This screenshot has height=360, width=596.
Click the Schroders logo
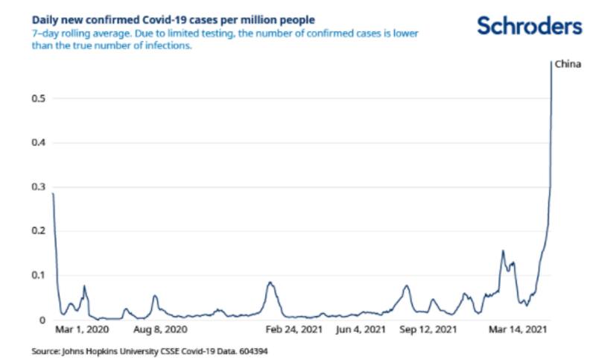tap(529, 27)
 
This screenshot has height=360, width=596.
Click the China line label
tap(568, 65)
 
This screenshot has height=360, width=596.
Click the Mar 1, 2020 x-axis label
tap(82, 329)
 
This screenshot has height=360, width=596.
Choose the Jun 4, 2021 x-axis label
tap(361, 329)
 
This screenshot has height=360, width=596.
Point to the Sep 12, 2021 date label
tap(428, 329)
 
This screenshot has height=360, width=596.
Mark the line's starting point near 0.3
tap(53, 194)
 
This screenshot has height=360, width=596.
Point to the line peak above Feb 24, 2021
tap(270, 282)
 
